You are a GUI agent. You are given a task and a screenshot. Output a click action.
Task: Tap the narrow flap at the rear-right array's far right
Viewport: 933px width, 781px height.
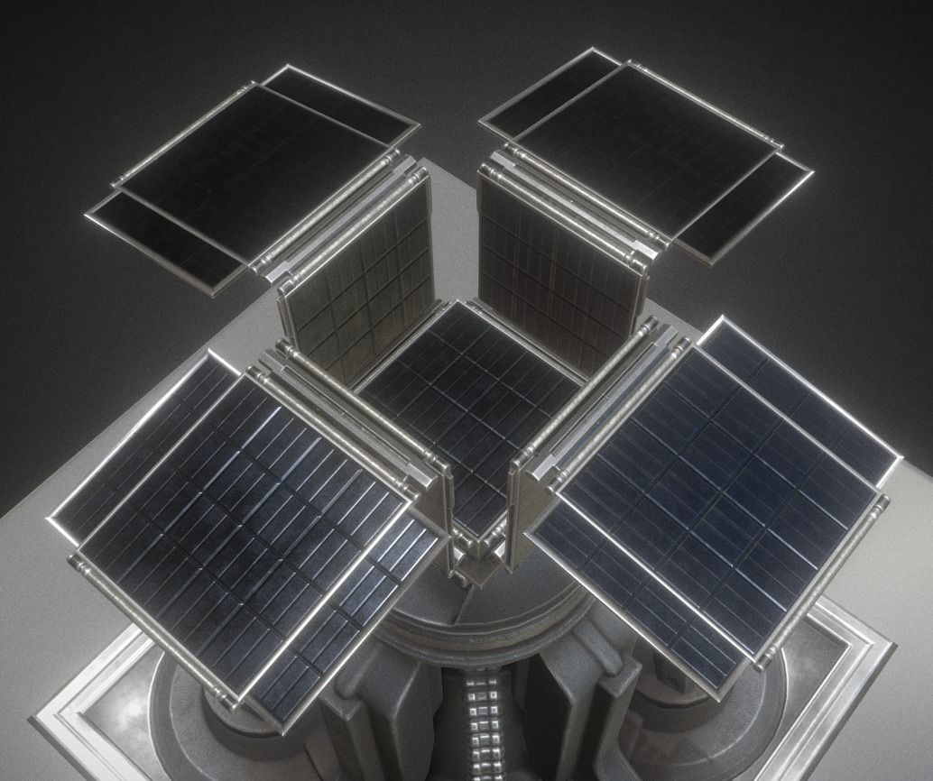(x=744, y=207)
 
